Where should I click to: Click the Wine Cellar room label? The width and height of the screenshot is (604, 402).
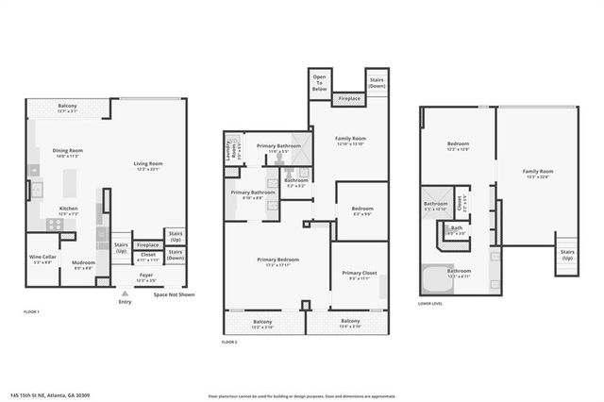coord(42,259)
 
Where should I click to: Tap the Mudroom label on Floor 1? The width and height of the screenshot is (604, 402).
coord(83,264)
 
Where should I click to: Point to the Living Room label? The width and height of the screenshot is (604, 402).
coord(148,165)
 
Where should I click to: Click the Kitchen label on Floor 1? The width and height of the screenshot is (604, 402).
coord(68,210)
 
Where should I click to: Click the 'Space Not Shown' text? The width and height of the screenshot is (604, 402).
coord(174,295)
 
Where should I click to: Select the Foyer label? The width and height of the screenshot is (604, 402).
coord(146,277)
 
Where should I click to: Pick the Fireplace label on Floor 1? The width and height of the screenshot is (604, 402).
coord(147,244)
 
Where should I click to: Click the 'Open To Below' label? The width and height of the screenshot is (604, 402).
coord(319,81)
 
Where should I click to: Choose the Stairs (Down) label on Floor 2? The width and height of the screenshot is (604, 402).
coord(377,82)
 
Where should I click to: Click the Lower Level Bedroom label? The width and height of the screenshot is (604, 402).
coord(458,145)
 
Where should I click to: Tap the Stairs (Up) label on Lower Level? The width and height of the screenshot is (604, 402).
coord(567,254)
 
